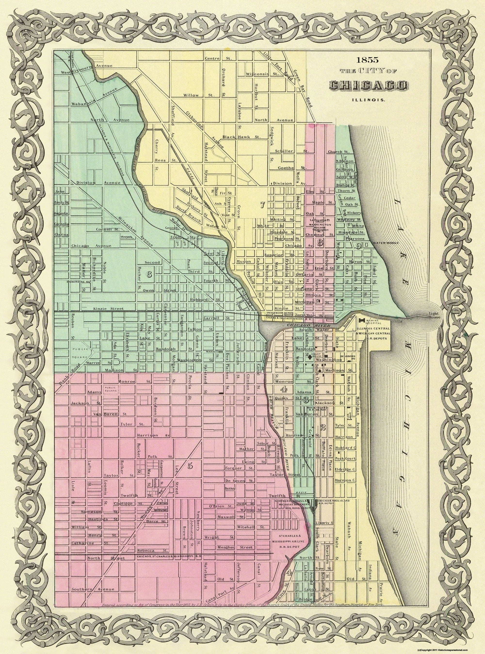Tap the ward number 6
point(149,274)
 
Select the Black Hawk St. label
point(241,137)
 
